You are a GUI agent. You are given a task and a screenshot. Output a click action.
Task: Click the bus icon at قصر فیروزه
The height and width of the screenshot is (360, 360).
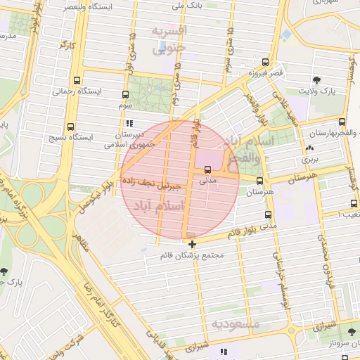(264, 62)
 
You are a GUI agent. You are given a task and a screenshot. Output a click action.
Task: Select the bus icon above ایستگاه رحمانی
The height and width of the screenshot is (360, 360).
(75, 80)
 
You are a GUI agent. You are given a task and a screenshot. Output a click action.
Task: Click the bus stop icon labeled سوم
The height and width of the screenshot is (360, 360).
(126, 94)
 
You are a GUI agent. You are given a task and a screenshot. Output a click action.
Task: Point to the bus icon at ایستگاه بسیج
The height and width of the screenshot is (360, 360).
(70, 127)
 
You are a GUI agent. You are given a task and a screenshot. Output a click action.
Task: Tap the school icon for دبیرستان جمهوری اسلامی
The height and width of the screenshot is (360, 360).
(128, 123)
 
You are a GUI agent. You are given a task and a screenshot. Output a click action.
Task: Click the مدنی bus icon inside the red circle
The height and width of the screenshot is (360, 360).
(207, 169)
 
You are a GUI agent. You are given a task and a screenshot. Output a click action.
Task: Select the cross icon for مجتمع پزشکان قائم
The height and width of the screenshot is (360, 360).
(192, 244)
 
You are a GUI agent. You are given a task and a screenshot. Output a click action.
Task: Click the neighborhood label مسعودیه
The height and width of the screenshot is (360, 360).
(236, 324)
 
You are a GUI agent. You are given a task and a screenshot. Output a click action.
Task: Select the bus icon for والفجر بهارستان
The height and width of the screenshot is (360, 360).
(342, 122)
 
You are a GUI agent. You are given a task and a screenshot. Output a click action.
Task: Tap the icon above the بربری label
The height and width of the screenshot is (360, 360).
(309, 148)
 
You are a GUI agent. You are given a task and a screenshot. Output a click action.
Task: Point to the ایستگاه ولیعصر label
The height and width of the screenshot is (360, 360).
(86, 6)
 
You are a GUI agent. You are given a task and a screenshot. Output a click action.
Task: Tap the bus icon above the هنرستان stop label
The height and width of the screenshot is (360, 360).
(259, 181)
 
